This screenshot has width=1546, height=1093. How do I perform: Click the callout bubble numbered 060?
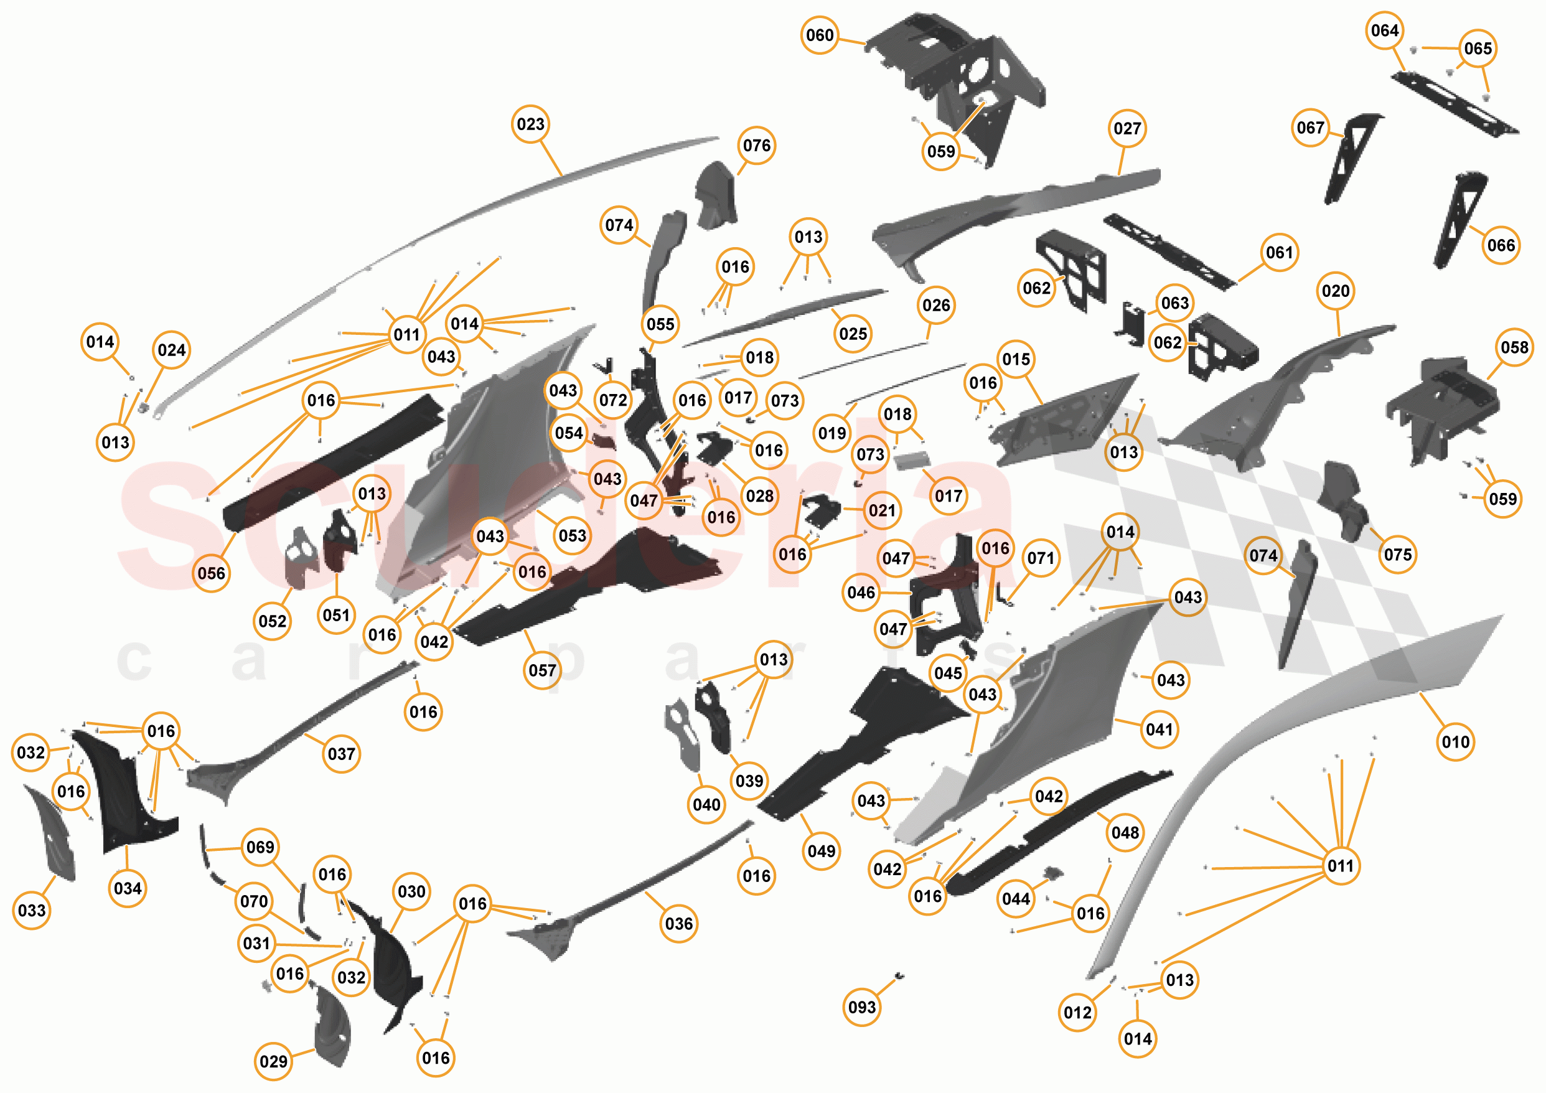(x=820, y=35)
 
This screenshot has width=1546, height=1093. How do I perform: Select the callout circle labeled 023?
(x=531, y=124)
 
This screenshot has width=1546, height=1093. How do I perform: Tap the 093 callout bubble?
(x=862, y=1008)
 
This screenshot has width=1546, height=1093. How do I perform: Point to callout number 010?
(x=1455, y=742)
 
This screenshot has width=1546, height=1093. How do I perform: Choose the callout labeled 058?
(x=1514, y=347)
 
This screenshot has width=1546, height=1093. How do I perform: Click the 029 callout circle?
(x=273, y=1061)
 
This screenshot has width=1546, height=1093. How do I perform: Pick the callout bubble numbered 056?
(x=212, y=573)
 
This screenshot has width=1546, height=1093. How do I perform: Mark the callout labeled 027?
(x=1127, y=129)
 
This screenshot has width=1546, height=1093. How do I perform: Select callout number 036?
(x=679, y=924)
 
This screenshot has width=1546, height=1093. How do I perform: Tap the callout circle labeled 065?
(x=1478, y=49)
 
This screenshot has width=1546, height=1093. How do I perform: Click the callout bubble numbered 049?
(x=822, y=851)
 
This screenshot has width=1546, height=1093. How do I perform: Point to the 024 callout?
(x=172, y=350)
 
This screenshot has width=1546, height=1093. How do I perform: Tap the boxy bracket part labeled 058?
(x=1441, y=411)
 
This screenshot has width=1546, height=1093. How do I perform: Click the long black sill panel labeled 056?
(x=334, y=465)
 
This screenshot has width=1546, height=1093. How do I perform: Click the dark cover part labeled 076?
(x=716, y=195)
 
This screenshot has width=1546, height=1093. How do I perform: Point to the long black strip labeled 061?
(x=1170, y=252)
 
